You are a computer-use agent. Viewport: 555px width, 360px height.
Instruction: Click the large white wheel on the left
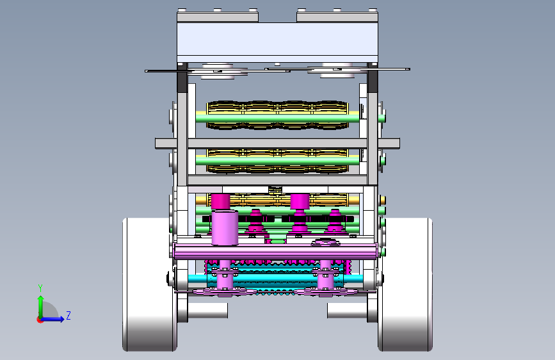coord(149,284)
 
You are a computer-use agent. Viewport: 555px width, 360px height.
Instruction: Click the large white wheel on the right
coord(405,284)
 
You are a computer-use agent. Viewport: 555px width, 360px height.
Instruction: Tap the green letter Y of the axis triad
coord(40,288)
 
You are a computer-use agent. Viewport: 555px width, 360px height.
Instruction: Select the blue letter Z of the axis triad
coord(68,315)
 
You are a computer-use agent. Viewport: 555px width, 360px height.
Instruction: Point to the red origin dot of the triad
coord(40,320)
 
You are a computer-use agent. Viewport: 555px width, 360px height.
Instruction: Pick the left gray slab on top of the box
coord(218,17)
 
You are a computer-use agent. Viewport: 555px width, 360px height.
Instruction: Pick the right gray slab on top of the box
coord(337,17)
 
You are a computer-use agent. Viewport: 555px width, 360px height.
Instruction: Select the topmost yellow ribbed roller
coord(278,115)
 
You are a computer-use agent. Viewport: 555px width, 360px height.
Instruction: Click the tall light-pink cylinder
coord(225,227)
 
